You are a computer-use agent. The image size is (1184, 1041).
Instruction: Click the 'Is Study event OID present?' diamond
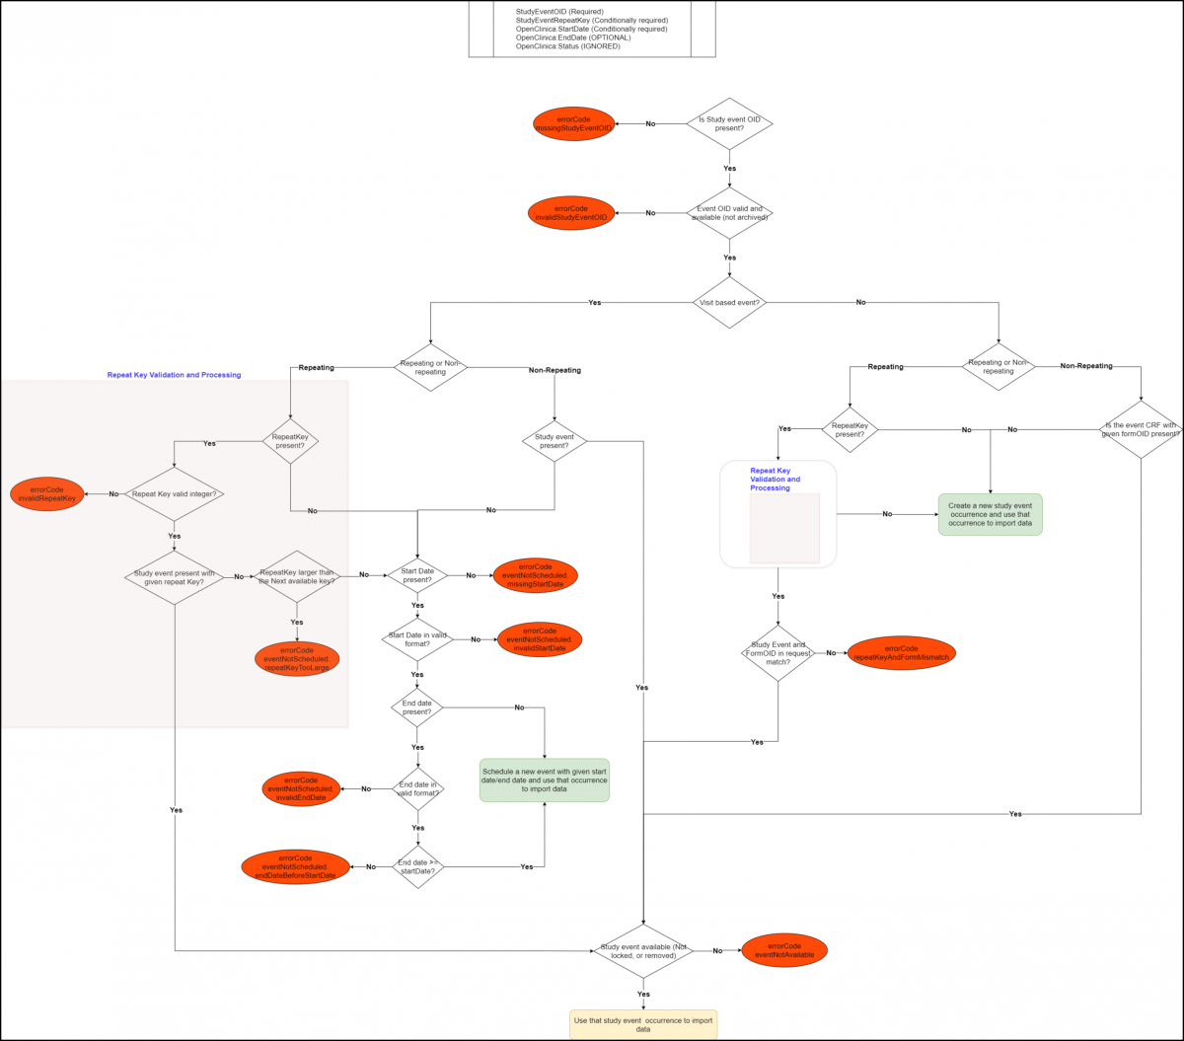[x=729, y=123]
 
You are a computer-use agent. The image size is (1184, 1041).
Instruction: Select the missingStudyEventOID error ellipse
[x=573, y=123]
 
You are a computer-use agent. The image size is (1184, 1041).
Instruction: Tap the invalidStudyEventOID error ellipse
[x=571, y=213]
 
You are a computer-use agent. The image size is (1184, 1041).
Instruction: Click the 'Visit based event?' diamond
[x=729, y=302]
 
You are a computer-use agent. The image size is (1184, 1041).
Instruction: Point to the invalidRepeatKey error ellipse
[x=46, y=493]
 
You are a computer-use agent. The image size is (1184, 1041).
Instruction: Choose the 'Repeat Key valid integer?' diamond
[x=175, y=493]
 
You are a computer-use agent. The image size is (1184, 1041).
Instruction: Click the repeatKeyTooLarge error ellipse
[x=297, y=659]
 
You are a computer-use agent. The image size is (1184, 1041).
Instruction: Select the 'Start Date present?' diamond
[x=417, y=574]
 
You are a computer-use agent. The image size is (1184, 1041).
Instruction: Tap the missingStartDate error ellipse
[x=535, y=575]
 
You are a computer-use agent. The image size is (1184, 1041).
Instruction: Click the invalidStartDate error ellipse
[x=539, y=639]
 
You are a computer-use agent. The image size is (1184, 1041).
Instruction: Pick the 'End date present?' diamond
[x=417, y=706]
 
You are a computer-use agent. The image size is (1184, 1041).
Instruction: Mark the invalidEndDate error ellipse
[x=300, y=788]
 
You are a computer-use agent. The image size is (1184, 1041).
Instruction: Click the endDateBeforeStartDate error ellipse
[x=295, y=866]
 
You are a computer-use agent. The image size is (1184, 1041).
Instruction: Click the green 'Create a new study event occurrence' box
[x=990, y=514]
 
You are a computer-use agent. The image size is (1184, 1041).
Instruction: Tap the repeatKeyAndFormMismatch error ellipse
[x=901, y=652]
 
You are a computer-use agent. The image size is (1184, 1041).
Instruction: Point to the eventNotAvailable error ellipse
[x=784, y=950]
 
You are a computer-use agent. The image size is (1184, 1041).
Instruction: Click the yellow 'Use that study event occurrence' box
[x=643, y=1023]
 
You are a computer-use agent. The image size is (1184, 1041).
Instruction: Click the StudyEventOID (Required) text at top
[x=560, y=12]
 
